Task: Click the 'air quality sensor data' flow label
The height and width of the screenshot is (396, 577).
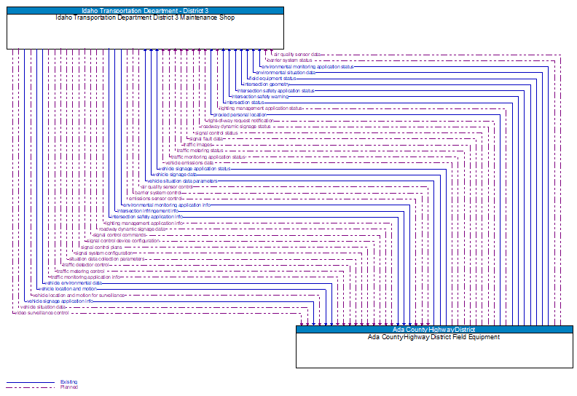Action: coord(296,54)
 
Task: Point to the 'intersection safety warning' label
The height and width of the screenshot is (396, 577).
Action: coord(259,96)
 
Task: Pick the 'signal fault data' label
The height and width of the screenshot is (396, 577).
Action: coord(206,138)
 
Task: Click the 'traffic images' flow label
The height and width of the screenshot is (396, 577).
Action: coord(197,144)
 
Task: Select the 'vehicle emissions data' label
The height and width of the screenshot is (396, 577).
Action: coord(189,162)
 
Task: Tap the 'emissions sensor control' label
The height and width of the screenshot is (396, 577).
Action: coord(155,199)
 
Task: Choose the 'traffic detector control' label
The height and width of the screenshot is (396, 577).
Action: coord(86,265)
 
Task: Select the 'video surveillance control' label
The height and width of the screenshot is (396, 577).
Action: coord(42,313)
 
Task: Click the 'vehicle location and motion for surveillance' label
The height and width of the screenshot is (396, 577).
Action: coord(79,295)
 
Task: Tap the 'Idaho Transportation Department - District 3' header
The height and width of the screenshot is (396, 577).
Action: coord(145,11)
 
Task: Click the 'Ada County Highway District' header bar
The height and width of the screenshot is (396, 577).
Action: coord(433,330)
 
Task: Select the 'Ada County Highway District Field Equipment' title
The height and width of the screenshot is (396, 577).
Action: coord(433,337)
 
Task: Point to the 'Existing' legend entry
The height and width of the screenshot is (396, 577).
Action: coord(68,382)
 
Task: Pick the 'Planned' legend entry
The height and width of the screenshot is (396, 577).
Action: coord(68,387)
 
